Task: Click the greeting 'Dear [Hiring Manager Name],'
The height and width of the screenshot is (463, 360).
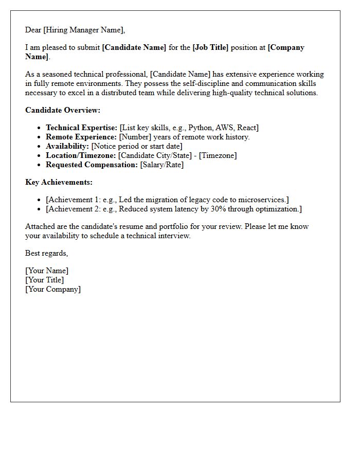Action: coord(75,30)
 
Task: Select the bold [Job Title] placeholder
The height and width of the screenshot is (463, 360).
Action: coord(210,47)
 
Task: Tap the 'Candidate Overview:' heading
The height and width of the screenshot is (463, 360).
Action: coord(63,110)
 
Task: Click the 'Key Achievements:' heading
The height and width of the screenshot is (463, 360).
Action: coord(59,182)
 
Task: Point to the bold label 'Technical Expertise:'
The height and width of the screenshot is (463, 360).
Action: coord(82,128)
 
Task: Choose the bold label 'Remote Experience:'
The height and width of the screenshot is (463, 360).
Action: coord(81,137)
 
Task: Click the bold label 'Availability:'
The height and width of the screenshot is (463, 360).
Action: coord(67,146)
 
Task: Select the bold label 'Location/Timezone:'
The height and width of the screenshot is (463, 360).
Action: coord(81,155)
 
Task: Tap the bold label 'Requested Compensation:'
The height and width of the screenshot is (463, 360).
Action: coord(92,165)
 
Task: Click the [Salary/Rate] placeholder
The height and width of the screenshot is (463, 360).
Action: coord(162,165)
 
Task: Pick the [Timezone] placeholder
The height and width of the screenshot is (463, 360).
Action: coord(218,155)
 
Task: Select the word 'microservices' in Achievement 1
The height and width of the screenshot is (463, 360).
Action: coord(262,200)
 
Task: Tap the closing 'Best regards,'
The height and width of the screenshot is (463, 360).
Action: coord(47,253)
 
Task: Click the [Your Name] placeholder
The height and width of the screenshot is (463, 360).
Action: coord(47,271)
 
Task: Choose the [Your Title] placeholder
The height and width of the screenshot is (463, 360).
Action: coord(45,280)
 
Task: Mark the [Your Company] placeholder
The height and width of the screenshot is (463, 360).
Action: coord(53,289)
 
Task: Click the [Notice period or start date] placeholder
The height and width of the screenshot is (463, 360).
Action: coord(137,146)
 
